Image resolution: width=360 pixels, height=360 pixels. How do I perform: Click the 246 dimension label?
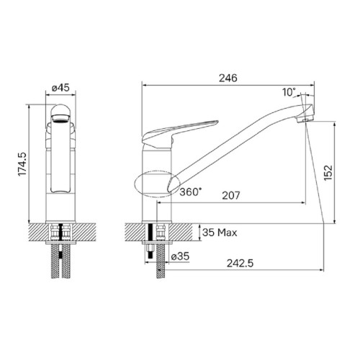click(228, 78)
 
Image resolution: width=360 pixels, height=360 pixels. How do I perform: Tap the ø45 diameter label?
click(60, 88)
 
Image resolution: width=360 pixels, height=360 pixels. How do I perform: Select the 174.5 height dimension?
click(24, 164)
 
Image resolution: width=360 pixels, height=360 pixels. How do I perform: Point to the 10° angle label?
click(289, 92)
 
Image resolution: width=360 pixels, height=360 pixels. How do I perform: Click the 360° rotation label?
click(191, 192)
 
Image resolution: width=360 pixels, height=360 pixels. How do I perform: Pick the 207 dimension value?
click(231, 195)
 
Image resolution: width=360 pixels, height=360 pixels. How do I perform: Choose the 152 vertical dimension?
click(328, 173)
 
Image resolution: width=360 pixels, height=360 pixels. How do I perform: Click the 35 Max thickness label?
click(220, 233)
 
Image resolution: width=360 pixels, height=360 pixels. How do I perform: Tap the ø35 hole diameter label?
click(180, 256)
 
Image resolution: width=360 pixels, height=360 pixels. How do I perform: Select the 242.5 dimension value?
click(240, 264)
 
